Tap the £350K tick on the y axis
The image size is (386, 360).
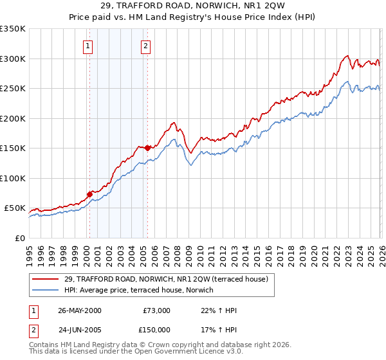[x=13, y=29]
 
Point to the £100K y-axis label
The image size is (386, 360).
[x=13, y=178]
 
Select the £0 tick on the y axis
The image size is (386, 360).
[x=19, y=238]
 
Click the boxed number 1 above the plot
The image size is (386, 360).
[x=87, y=45]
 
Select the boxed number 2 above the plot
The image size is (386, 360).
[x=147, y=45]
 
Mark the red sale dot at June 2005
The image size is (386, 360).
[x=147, y=148]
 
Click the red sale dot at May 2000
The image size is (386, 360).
[x=90, y=194]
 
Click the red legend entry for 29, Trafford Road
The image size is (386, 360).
[x=170, y=278]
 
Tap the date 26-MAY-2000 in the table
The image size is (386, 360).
[x=79, y=310]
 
